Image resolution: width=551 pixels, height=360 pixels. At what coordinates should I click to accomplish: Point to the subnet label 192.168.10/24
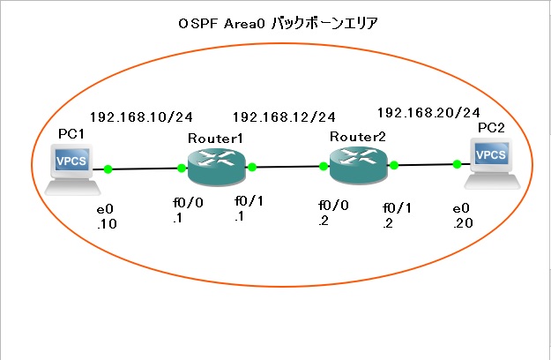(141, 116)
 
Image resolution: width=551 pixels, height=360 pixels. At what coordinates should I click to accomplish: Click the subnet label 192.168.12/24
(284, 116)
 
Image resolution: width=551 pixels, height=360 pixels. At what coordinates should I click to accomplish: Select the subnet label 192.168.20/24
(428, 112)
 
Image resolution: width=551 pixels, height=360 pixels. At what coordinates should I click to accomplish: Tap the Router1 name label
(215, 139)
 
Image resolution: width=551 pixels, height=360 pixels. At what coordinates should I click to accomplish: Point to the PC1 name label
(71, 133)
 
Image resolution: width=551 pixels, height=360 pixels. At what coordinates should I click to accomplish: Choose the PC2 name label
(492, 127)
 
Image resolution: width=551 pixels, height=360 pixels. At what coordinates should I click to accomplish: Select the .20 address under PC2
(462, 224)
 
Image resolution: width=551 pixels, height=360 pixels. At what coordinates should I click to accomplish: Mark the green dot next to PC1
(108, 169)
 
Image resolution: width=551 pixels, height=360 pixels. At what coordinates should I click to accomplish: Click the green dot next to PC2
(457, 163)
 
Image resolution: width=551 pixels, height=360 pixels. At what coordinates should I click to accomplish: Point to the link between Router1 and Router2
(287, 166)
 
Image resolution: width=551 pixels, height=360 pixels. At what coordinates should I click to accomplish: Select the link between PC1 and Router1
(145, 169)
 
